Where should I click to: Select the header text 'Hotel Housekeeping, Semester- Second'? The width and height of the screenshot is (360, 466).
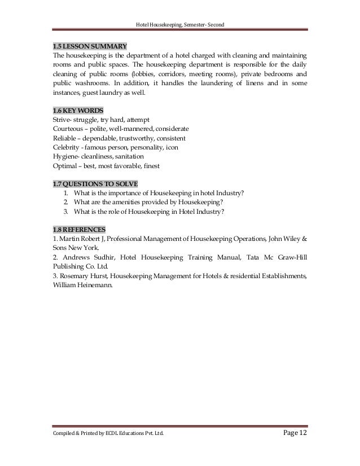(181, 23)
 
